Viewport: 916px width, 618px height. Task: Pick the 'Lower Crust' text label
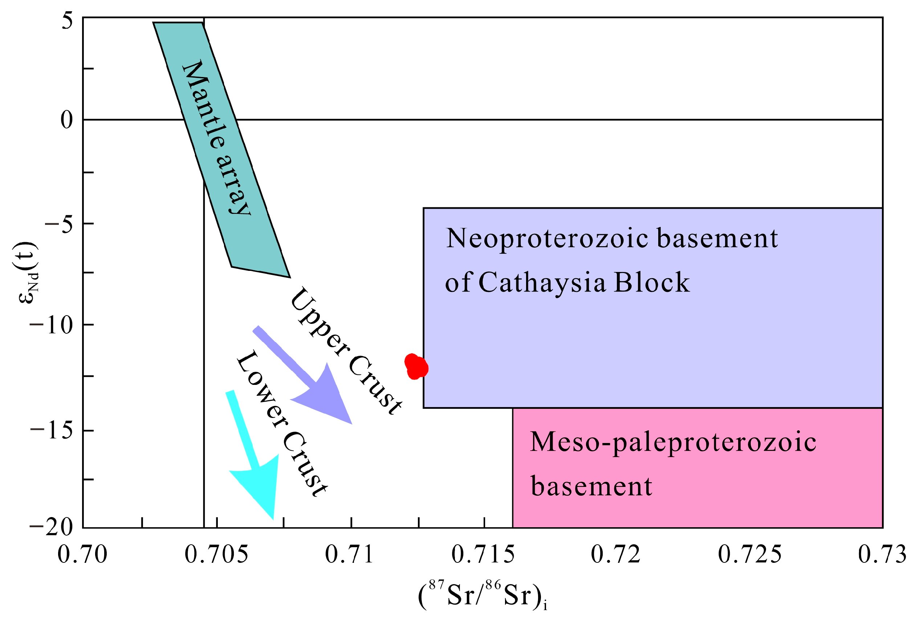tap(281, 424)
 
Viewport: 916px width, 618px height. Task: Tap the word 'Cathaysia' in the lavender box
tap(542, 283)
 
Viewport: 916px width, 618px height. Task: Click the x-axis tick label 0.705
tap(216, 554)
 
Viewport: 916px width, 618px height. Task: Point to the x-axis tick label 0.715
tap(483, 554)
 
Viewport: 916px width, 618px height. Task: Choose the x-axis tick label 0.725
tap(749, 554)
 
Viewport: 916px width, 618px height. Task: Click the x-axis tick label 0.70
tap(82, 554)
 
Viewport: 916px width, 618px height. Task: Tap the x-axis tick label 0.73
tap(882, 554)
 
